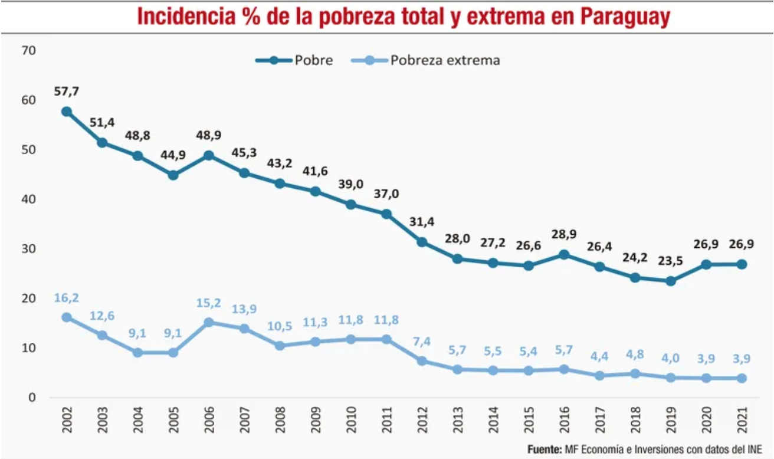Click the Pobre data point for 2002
(x=67, y=112)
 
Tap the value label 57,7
(x=67, y=91)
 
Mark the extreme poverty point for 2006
(x=209, y=322)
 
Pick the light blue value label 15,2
(x=209, y=303)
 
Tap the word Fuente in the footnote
(x=543, y=450)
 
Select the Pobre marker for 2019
(x=670, y=281)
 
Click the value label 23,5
(x=670, y=261)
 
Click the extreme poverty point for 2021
(x=742, y=378)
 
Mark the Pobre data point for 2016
(x=564, y=254)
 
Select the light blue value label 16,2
(x=67, y=298)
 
